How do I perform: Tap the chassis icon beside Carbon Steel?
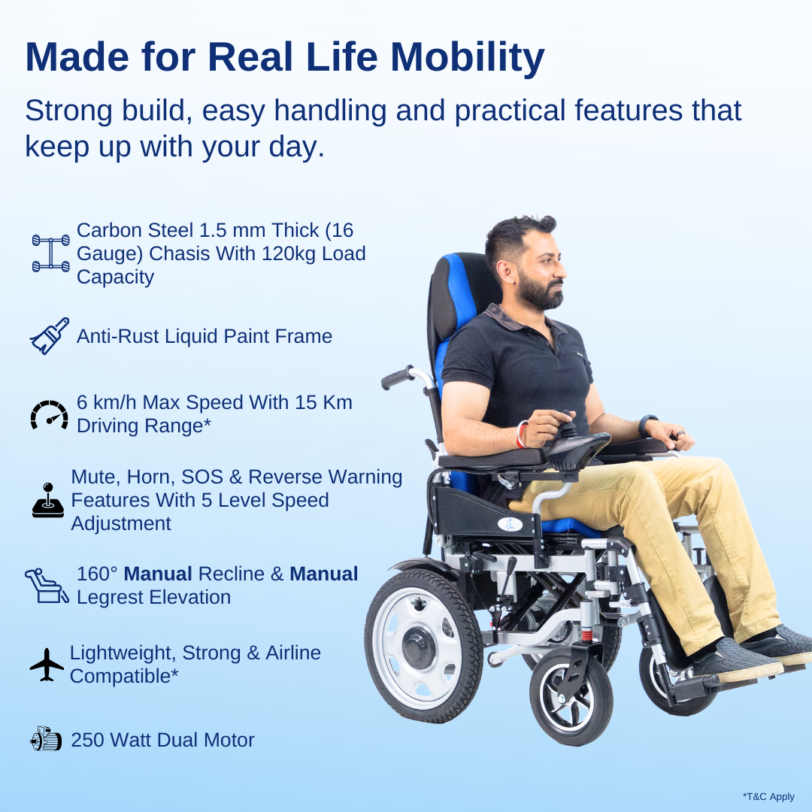coord(50,253)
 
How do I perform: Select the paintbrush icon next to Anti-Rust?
coord(50,335)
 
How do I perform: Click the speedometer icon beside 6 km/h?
coord(49,414)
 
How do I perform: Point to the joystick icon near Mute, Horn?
coord(48,501)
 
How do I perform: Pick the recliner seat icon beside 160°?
coord(47,586)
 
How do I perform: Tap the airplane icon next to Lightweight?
coord(47,664)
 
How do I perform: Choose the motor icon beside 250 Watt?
coord(47,740)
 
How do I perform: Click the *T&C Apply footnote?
coord(768,796)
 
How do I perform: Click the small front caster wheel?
coord(571,696)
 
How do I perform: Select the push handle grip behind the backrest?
coord(398,377)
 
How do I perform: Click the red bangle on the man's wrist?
coord(520,435)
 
